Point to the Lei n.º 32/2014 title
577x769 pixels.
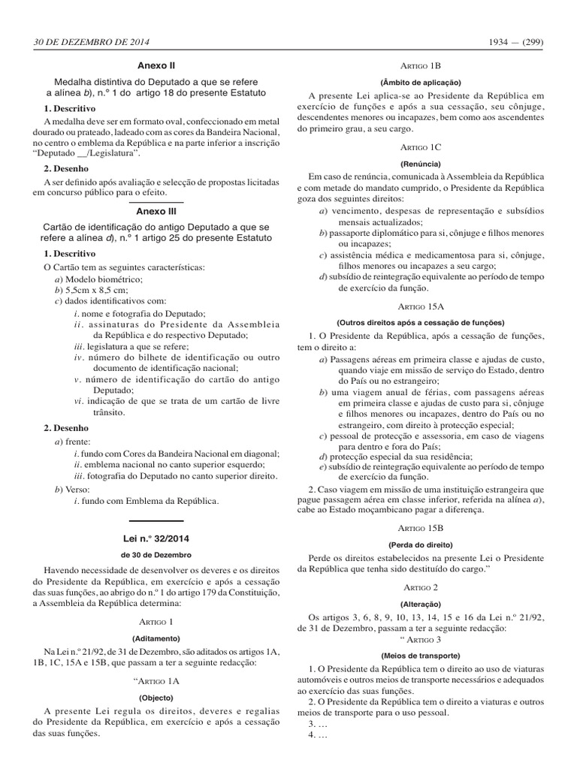(156, 539)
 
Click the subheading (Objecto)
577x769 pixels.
(156, 696)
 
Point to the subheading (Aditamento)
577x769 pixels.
(156, 636)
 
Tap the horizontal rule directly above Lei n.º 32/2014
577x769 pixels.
(156, 520)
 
